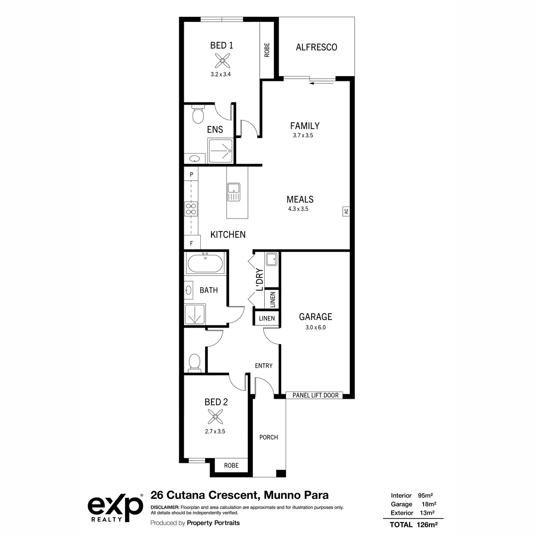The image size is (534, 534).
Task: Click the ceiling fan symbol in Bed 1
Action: [x=222, y=61]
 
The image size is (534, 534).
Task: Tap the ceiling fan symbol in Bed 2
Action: [x=215, y=417]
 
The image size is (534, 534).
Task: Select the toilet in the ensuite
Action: [x=198, y=114]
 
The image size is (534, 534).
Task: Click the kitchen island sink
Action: [x=234, y=192]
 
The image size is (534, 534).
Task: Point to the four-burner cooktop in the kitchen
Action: [x=191, y=209]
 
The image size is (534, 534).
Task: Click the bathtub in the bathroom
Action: [x=205, y=263]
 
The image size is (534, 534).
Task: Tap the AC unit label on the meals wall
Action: [x=346, y=211]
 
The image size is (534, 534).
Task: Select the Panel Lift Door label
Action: [x=316, y=395]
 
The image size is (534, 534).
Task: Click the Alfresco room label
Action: [x=316, y=47]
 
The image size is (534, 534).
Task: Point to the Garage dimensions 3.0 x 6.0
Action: [x=316, y=327]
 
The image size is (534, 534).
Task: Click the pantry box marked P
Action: [x=191, y=174]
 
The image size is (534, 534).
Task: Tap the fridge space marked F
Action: [x=192, y=243]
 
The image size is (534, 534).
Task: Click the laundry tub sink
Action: [x=271, y=259]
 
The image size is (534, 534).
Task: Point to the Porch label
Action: [x=268, y=437]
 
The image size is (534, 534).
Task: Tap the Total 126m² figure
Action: [x=413, y=525]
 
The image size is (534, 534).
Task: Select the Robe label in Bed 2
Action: [x=231, y=465]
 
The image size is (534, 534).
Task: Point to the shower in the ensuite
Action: [x=220, y=151]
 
